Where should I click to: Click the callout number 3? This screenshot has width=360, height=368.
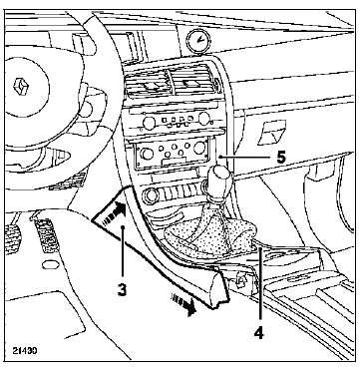click(x=122, y=289)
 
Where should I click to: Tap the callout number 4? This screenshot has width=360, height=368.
click(x=258, y=332)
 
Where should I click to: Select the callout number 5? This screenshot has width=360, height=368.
click(x=281, y=157)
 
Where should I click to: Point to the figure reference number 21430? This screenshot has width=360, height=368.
click(x=25, y=350)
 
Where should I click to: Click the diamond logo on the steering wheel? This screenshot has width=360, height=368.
click(x=21, y=86)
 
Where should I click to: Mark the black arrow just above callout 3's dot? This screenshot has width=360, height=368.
click(x=116, y=212)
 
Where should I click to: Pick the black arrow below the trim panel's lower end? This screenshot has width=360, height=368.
click(x=182, y=304)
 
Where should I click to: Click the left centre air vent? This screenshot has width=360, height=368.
click(x=148, y=84)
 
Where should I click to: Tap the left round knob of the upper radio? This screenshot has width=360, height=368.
click(x=149, y=124)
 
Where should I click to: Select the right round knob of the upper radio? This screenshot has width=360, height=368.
click(x=204, y=119)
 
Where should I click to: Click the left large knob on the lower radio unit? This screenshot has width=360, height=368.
click(x=147, y=154)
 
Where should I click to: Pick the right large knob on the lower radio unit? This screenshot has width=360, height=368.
click(x=199, y=148)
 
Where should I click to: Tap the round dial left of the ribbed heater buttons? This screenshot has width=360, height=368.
click(x=152, y=195)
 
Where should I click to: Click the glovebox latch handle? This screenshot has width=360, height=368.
click(x=271, y=133)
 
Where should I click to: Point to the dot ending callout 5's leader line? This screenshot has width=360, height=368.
click(x=220, y=156)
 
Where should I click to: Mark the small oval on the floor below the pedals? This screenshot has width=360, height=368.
click(x=50, y=264)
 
